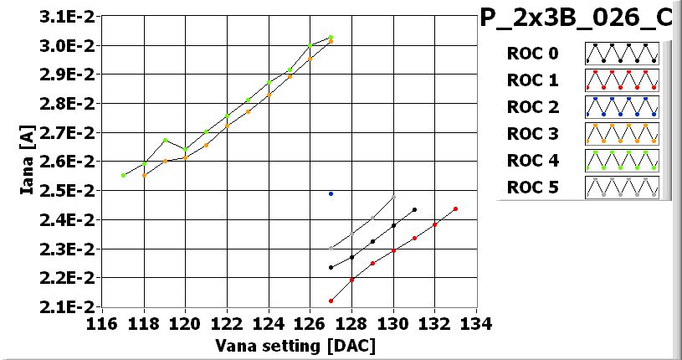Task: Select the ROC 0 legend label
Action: (532, 54)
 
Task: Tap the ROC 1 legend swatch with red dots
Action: (622, 80)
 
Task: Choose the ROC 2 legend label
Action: (532, 106)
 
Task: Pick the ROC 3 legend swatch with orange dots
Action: (622, 133)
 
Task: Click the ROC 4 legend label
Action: (532, 160)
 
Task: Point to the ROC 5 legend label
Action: (532, 187)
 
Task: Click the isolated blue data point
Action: (331, 193)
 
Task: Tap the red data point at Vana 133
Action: (455, 208)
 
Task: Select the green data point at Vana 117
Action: (123, 175)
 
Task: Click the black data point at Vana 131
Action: (414, 209)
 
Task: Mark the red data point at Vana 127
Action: (331, 301)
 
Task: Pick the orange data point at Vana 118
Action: (144, 175)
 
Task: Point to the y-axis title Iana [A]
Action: (27, 161)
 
